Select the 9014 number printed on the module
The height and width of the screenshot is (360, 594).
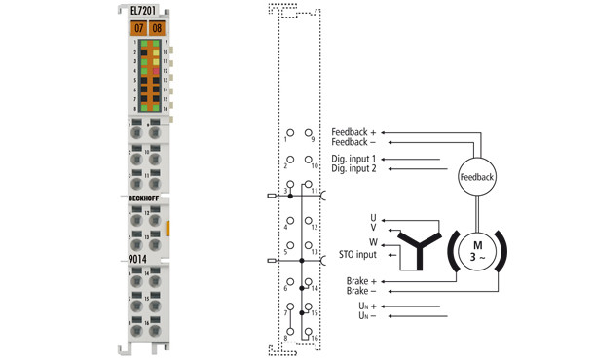pos(140,260)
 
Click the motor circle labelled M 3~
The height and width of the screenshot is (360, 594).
pos(476,250)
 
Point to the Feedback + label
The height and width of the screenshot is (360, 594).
pos(358,131)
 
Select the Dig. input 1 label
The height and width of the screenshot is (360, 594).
pos(353,159)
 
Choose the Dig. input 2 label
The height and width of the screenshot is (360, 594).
pos(353,169)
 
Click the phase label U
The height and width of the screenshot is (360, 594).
pos(373,217)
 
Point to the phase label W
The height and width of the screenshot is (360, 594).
pos(373,242)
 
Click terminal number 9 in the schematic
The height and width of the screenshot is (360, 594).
pos(312,140)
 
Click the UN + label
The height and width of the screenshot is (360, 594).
pos(365,306)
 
